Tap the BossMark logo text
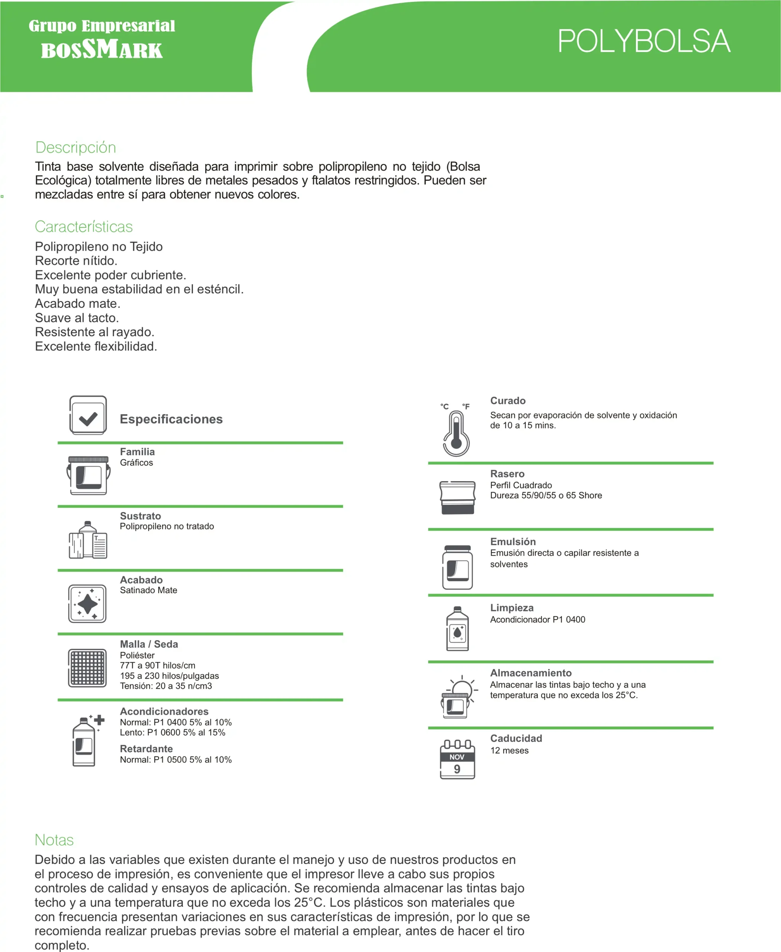(x=102, y=49)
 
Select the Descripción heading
(x=76, y=148)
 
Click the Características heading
(x=84, y=226)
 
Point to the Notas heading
(x=54, y=840)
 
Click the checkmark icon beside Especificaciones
(x=88, y=415)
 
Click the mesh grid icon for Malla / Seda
(x=87, y=668)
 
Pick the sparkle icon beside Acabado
(x=87, y=604)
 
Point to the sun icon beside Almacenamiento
(x=462, y=689)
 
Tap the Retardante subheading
(x=146, y=749)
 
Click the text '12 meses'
(x=509, y=750)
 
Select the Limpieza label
(x=512, y=608)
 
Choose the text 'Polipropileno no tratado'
(x=167, y=526)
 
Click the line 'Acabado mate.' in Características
(x=78, y=303)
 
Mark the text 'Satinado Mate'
(x=148, y=590)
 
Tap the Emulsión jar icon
(x=458, y=567)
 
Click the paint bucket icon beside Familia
(x=88, y=475)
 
